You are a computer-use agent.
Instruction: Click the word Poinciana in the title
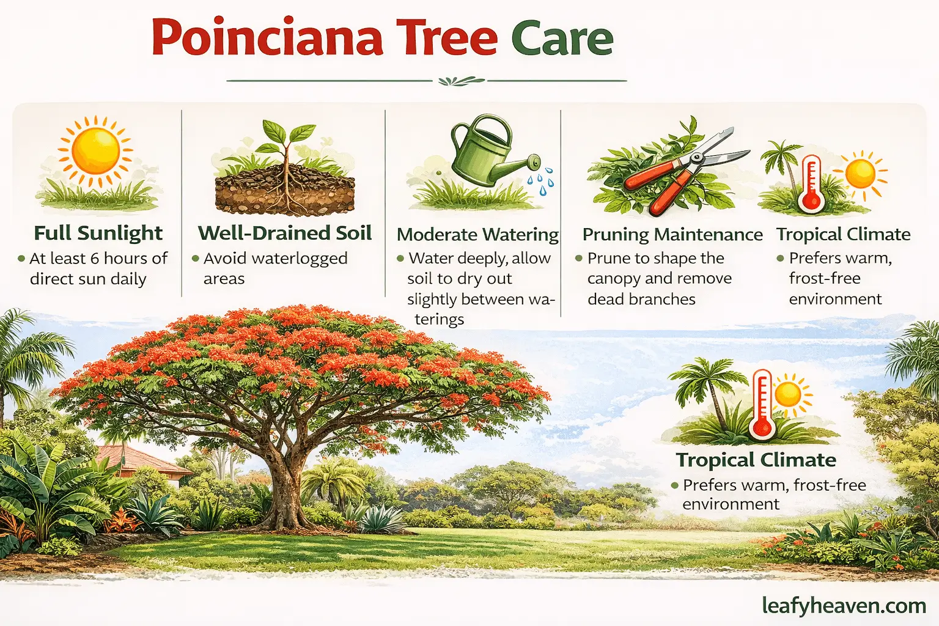(x=267, y=38)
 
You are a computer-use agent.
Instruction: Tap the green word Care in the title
(x=562, y=38)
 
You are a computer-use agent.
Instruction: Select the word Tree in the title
(x=447, y=38)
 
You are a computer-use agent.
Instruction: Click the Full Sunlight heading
(x=98, y=233)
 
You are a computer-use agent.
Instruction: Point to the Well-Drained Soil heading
(x=284, y=233)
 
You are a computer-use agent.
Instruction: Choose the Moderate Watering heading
(x=477, y=234)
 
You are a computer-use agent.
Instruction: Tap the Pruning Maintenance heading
(x=672, y=234)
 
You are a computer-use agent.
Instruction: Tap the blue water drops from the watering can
(x=541, y=183)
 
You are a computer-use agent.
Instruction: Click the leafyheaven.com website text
(x=844, y=605)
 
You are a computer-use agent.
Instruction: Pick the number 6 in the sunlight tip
(x=95, y=259)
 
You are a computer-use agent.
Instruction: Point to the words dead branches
(x=641, y=299)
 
